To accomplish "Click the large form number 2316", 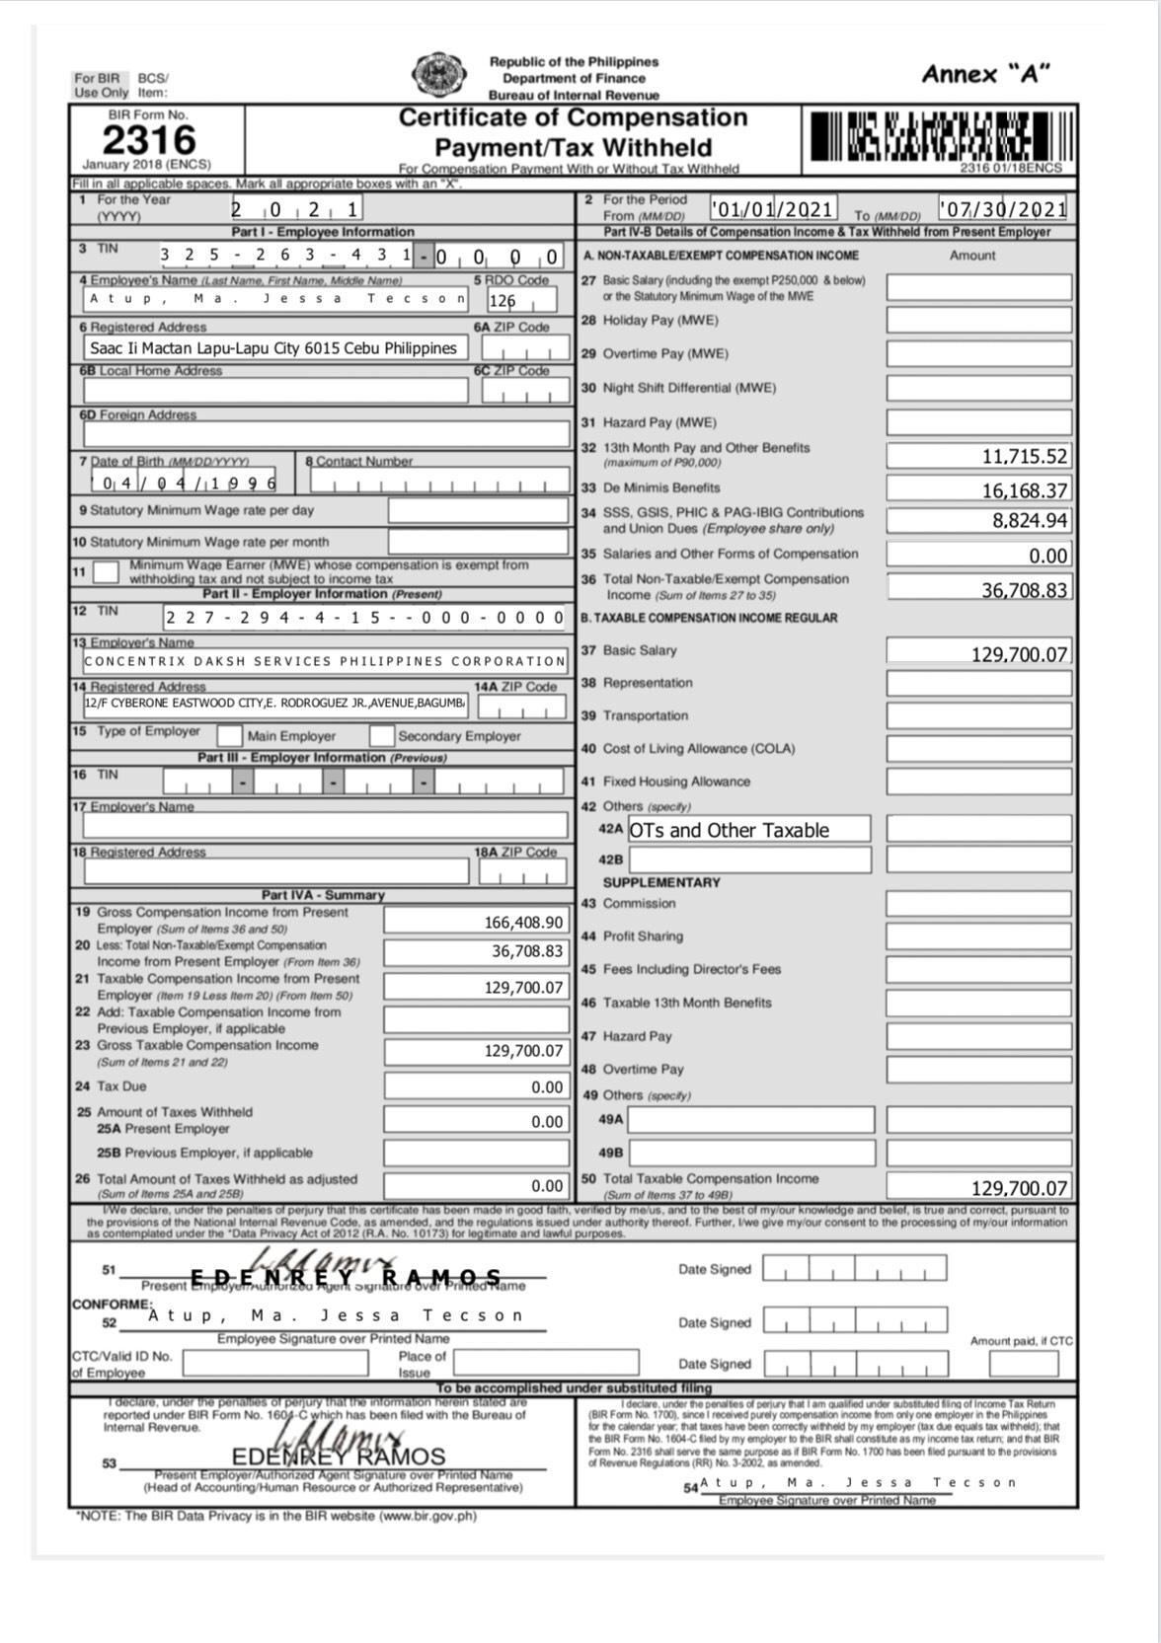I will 149,139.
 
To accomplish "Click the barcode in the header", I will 941,136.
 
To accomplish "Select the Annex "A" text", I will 984,74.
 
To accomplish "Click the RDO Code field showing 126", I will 519,300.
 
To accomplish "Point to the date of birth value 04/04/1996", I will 184,483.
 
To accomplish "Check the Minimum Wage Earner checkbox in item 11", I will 106,571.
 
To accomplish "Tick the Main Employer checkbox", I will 229,735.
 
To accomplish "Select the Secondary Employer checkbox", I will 382,735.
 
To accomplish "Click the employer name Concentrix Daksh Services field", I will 325,661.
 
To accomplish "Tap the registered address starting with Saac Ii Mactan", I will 273,348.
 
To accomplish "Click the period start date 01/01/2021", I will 773,209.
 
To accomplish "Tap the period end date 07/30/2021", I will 1002,209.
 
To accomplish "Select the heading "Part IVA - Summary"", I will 323,895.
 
